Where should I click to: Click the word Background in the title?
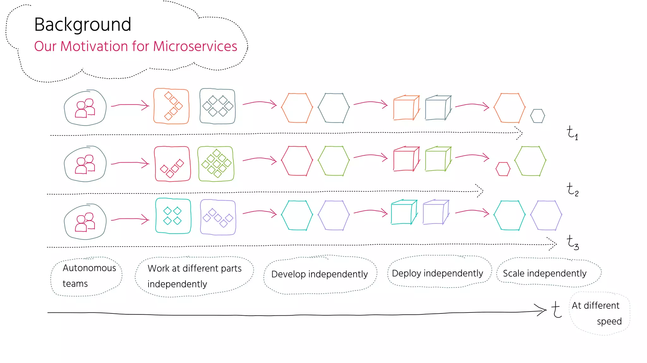[x=82, y=25]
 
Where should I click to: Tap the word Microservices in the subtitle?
[x=195, y=46]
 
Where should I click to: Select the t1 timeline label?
[x=572, y=133]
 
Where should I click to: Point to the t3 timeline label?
[x=573, y=242]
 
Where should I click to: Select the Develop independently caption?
[x=319, y=274]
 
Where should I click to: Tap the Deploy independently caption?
[x=437, y=273]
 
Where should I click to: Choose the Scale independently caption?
[x=545, y=273]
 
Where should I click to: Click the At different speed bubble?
[x=599, y=313]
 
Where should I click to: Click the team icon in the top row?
[x=85, y=108]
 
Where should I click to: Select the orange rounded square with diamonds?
[x=171, y=106]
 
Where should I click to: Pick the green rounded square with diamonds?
[x=216, y=164]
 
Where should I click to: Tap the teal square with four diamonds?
[x=173, y=216]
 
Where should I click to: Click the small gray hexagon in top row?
[x=537, y=116]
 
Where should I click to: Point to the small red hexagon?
[x=503, y=169]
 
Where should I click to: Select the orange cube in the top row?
[x=406, y=108]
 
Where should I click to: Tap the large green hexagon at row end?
[x=530, y=161]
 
